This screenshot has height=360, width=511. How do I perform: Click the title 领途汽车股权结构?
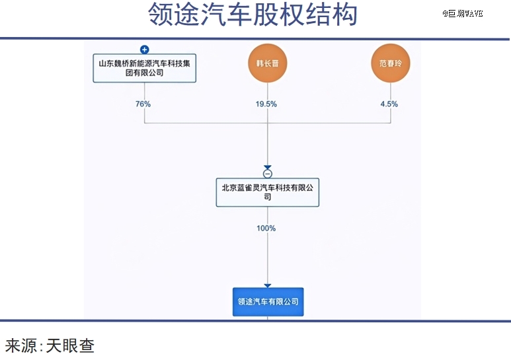tap(253, 15)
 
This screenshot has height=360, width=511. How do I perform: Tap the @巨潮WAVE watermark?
tap(463, 13)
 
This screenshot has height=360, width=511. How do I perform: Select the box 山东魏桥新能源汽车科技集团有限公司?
tap(144, 68)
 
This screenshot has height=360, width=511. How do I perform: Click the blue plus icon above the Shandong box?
tap(144, 50)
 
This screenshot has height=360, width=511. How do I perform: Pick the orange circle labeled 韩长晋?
tap(268, 63)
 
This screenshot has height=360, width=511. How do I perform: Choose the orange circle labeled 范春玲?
tap(391, 63)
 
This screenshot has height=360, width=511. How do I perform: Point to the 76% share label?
tap(143, 104)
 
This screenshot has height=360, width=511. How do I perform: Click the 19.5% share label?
tap(266, 104)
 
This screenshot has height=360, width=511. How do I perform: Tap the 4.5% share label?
tap(389, 104)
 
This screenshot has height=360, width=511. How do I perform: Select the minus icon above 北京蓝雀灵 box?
tap(268, 174)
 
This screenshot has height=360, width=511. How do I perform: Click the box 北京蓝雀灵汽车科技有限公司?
tap(268, 192)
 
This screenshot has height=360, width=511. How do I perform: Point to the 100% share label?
tap(266, 228)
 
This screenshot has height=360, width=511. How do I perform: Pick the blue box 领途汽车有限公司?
tap(268, 302)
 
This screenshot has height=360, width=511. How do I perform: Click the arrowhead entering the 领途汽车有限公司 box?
tap(268, 286)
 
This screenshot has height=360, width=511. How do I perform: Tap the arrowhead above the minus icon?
tap(268, 167)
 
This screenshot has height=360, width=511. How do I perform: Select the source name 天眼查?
tap(70, 345)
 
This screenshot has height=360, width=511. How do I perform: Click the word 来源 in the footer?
tap(21, 345)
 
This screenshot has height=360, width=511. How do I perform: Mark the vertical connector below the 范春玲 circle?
tap(391, 103)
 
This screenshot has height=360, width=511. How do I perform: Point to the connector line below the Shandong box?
tap(144, 103)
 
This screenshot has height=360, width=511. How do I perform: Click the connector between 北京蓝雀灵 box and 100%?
tap(268, 215)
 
